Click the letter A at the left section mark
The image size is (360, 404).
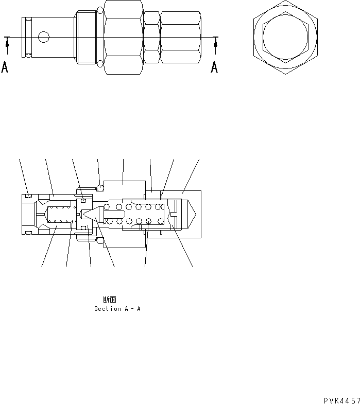[x=5, y=67]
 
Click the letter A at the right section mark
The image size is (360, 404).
[x=214, y=67]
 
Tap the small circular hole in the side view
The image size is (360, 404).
[x=44, y=37]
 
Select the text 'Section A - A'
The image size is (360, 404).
[x=117, y=309]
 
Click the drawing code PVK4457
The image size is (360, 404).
[x=341, y=399]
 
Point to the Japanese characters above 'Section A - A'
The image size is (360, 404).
[x=109, y=299]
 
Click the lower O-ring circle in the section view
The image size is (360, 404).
[x=100, y=240]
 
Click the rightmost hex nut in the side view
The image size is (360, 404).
[x=180, y=37]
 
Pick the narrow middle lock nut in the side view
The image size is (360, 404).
[x=151, y=37]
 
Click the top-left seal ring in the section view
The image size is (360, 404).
[x=28, y=196]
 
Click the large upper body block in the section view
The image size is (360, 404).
[x=124, y=188]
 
